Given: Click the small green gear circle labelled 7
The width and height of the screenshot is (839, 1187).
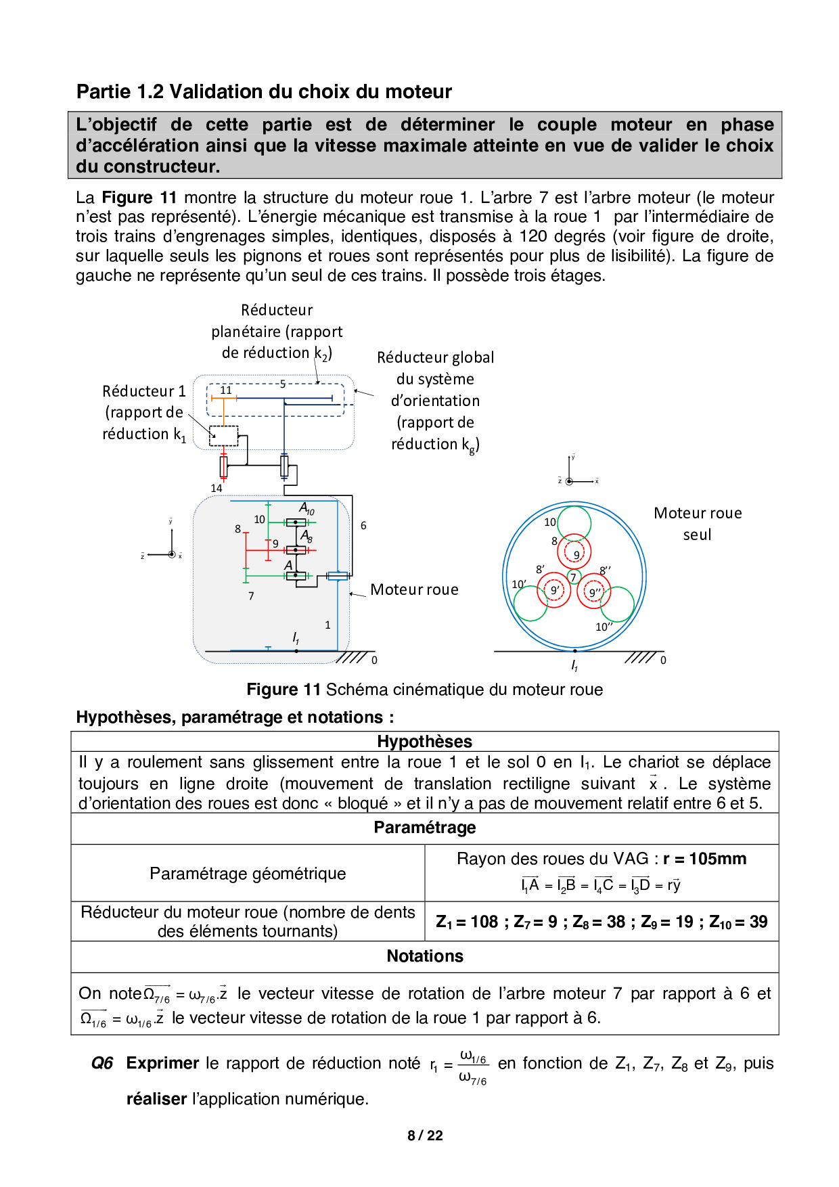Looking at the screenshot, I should (x=574, y=577).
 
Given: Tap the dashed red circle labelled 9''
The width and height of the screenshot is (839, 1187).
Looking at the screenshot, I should (x=594, y=592).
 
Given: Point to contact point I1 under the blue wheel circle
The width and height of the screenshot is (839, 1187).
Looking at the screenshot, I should (x=574, y=651).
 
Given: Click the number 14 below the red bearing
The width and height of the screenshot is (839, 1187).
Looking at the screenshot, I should (x=217, y=488).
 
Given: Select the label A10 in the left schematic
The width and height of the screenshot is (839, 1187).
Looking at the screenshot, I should (x=307, y=508).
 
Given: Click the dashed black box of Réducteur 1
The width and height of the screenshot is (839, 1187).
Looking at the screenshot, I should (x=223, y=436).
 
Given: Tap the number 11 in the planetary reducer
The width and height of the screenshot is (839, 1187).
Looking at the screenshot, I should (x=226, y=390).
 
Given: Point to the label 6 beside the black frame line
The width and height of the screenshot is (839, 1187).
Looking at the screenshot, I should (x=363, y=525).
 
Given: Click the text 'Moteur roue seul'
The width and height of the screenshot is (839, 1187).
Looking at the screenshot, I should (x=698, y=524).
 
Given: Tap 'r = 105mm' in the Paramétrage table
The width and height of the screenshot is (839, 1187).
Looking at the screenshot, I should (x=704, y=859).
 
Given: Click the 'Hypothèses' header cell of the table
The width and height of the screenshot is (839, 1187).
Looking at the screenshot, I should (x=424, y=742).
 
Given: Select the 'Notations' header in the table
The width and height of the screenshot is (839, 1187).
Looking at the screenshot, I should (x=424, y=956).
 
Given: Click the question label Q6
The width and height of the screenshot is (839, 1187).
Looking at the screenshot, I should (x=102, y=1063).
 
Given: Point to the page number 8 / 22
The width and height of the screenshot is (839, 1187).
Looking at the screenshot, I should (x=425, y=1136).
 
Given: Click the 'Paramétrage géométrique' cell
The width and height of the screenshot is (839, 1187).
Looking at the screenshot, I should (x=248, y=874).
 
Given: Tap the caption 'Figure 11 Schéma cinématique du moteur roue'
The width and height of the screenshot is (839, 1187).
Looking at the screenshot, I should (x=424, y=690).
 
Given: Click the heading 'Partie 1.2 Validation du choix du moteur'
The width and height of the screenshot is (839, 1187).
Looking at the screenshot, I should (x=264, y=91).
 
